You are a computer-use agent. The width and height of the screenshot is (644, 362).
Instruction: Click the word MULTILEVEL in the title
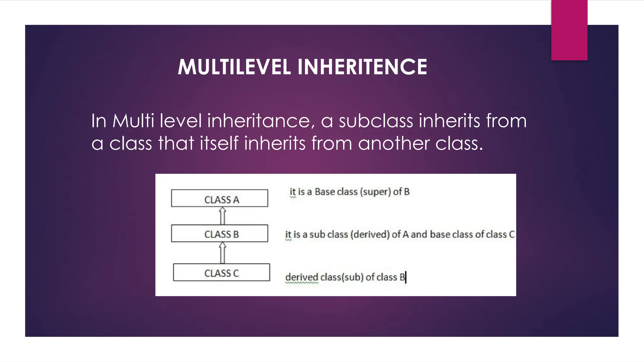pyautogui.click(x=234, y=67)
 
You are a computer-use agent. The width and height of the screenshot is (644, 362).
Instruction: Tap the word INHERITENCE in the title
pyautogui.click(x=362, y=67)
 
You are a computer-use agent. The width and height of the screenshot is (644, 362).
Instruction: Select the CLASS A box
pyautogui.click(x=219, y=198)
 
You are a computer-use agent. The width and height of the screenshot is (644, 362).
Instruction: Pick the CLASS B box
pyautogui.click(x=219, y=233)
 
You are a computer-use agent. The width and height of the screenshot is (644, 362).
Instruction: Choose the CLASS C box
pyautogui.click(x=221, y=272)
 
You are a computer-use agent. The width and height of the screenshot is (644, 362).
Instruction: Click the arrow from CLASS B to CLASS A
pyautogui.click(x=223, y=216)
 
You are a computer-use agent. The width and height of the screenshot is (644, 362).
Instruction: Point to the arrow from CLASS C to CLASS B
pyautogui.click(x=223, y=253)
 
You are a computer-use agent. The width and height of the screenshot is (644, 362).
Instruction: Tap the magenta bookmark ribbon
pyautogui.click(x=569, y=30)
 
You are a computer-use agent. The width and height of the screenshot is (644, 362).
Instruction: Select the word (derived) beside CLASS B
pyautogui.click(x=370, y=234)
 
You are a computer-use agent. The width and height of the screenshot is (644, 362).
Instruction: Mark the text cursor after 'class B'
pyautogui.click(x=406, y=277)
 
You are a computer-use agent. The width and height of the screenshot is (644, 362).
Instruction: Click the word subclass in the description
pyautogui.click(x=376, y=121)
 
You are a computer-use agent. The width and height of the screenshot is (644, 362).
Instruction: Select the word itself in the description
pyautogui.click(x=219, y=144)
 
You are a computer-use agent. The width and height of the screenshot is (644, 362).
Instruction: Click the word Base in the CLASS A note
pyautogui.click(x=325, y=192)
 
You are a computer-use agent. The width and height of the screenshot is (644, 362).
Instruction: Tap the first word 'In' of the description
pyautogui.click(x=98, y=121)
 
